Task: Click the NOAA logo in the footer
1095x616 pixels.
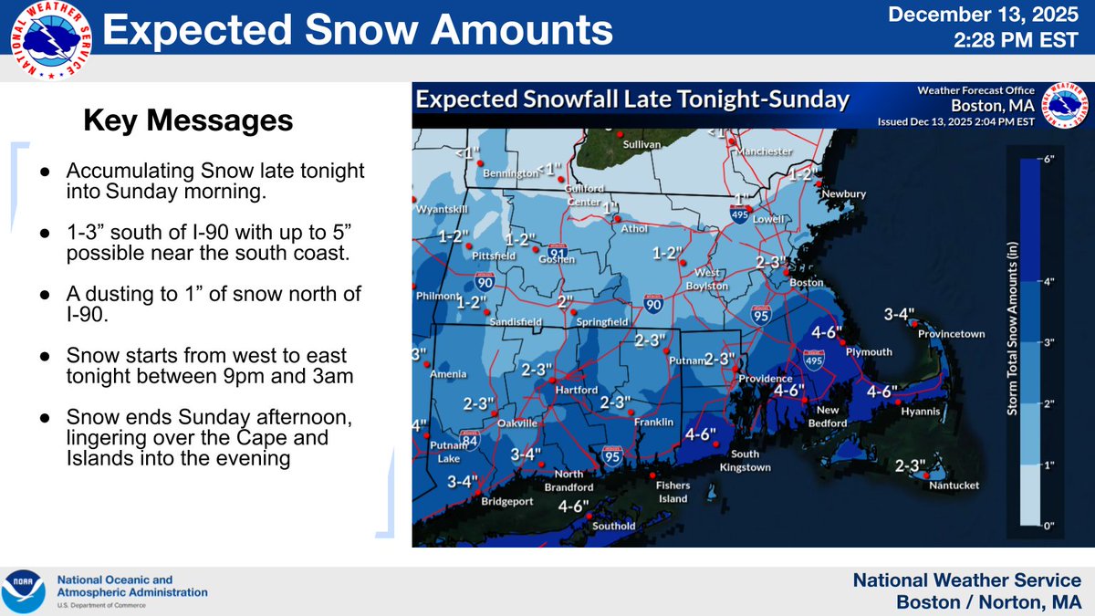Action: click(x=23, y=590)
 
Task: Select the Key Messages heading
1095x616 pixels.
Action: click(x=189, y=120)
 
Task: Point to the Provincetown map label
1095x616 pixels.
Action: click(x=951, y=334)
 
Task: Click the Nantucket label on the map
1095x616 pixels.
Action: click(x=954, y=485)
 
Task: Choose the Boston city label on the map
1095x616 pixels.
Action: click(x=807, y=283)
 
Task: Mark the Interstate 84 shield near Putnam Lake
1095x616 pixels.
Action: click(x=470, y=441)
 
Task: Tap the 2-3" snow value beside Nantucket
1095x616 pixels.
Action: click(x=910, y=465)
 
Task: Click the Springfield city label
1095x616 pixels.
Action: click(x=601, y=322)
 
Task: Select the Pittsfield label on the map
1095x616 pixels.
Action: click(x=494, y=256)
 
